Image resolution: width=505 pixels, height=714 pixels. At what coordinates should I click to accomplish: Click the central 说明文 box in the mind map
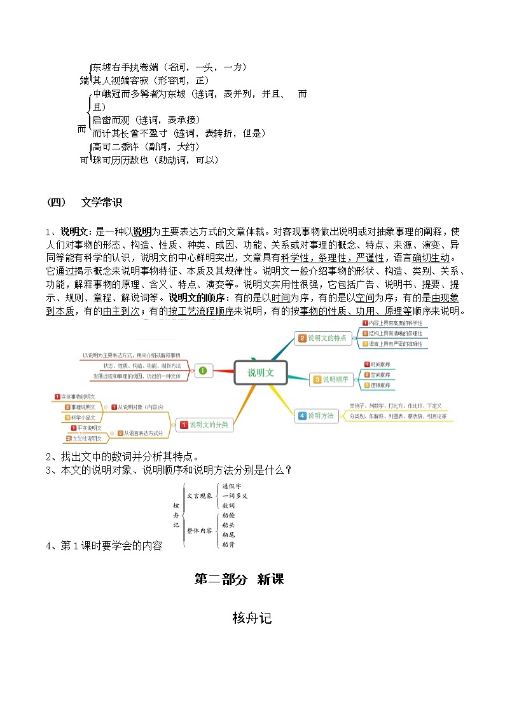click(x=261, y=373)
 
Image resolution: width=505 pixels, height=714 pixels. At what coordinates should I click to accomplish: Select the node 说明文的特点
click(x=324, y=338)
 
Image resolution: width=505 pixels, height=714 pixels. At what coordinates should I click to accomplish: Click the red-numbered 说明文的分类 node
click(x=204, y=425)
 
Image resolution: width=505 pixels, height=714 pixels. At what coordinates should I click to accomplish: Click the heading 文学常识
click(x=102, y=203)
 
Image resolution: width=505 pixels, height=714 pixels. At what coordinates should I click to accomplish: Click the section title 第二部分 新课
click(x=239, y=579)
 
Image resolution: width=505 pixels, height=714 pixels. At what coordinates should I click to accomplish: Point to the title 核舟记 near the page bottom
click(x=253, y=617)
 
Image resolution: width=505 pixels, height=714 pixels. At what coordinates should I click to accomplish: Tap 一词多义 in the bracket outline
click(x=235, y=495)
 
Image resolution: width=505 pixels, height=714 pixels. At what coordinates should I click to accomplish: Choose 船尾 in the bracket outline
click(x=228, y=535)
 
